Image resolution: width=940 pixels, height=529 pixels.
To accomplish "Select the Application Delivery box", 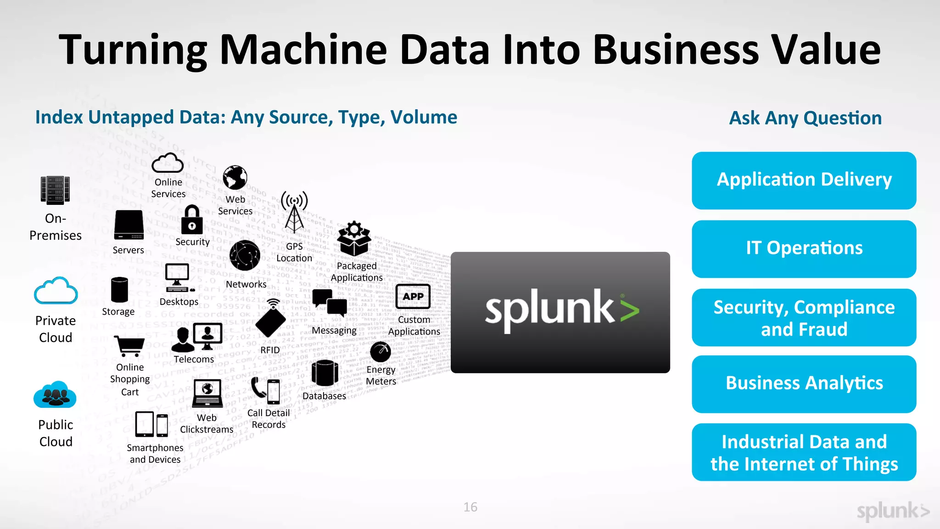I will pos(804,180).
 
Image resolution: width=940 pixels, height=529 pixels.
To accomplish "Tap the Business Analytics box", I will pos(804,384).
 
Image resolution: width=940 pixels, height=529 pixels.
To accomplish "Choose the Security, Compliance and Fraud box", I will pos(804,317).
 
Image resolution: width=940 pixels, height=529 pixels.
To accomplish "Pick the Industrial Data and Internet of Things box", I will pos(804,452).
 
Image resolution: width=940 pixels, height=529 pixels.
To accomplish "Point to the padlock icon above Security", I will pos(192,220).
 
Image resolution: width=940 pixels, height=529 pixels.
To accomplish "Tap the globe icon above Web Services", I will pos(235,178).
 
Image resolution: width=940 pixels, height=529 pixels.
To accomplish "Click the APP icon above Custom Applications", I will pos(413,297).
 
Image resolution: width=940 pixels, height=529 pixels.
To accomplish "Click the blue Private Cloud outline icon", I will pos(56,291).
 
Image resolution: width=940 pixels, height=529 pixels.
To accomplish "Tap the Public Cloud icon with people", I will pos(55,395).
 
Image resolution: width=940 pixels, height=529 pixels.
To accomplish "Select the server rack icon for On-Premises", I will pos(55,190).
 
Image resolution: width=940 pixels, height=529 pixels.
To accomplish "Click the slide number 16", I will pos(470,507).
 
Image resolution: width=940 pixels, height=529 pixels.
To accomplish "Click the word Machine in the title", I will pos(303,50).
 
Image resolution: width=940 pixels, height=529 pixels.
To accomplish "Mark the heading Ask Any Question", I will pos(805,118).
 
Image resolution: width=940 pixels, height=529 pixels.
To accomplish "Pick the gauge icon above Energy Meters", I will pos(380,352).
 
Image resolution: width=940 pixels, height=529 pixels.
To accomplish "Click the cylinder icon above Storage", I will pos(119,290).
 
